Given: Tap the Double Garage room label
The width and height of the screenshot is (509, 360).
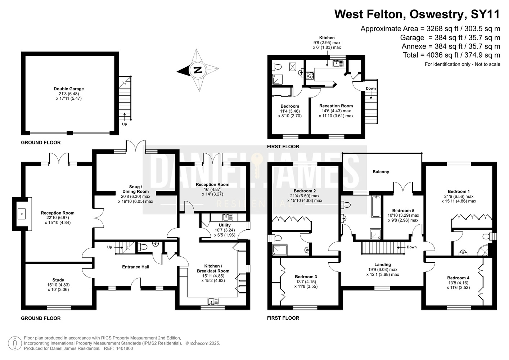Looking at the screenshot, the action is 69,89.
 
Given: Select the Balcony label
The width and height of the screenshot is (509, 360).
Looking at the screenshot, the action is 381,172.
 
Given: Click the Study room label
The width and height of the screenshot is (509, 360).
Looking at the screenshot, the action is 58,280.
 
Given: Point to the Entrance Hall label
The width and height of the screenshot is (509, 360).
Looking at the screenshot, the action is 136,267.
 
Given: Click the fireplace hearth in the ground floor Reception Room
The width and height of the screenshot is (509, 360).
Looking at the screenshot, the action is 22,214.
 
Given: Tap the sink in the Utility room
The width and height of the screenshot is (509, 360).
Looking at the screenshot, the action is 228,217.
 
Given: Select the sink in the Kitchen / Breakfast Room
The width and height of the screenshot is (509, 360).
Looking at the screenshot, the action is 213,301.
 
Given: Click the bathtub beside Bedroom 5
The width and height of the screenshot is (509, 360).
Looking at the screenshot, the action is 376,207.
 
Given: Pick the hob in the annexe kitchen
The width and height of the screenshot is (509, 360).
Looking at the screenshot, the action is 310,76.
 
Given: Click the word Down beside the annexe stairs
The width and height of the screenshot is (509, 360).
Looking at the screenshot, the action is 371,89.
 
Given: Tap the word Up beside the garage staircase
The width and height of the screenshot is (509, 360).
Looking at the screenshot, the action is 125,124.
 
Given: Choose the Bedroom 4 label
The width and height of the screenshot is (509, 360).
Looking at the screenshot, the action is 458,278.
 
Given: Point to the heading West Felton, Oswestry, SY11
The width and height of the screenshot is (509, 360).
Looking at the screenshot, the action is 417,14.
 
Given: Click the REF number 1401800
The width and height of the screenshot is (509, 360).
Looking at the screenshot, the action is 124,348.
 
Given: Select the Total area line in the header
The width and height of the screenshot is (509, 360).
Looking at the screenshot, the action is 451,55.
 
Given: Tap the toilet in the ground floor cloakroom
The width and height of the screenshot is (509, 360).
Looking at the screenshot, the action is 143,247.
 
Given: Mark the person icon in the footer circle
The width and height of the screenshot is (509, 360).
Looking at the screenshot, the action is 15,343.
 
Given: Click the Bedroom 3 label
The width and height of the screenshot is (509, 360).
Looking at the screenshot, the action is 306,277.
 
